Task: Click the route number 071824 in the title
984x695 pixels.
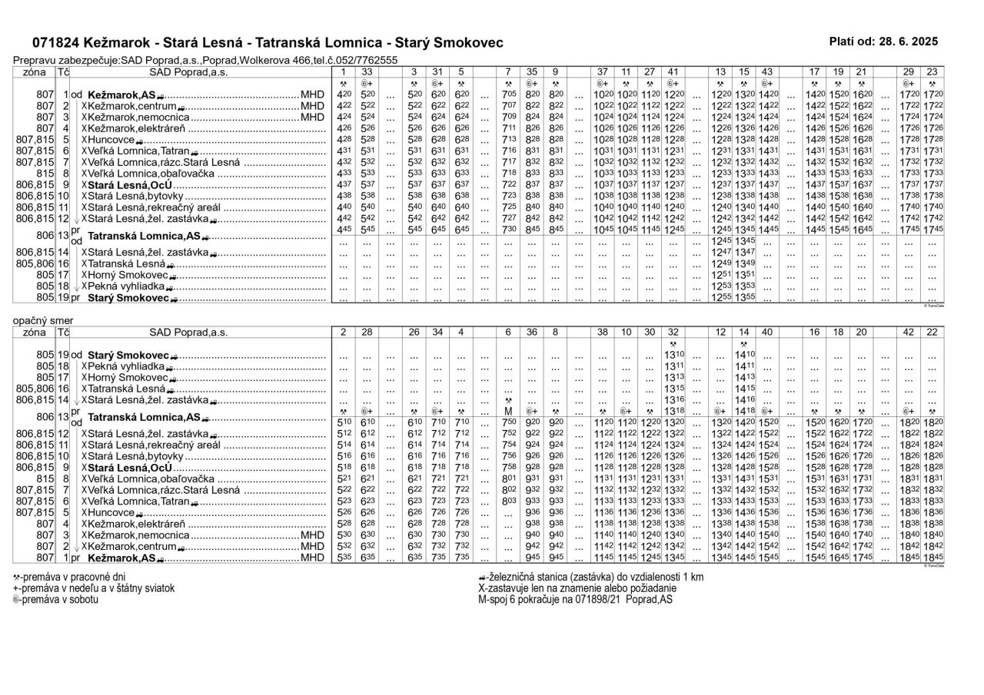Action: (x=58, y=43)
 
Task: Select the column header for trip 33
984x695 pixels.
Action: (x=367, y=71)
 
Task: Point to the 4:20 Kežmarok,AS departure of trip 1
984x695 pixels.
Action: (x=344, y=94)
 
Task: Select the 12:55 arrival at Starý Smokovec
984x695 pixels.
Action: (x=721, y=298)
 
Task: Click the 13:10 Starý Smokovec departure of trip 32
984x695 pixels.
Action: (x=673, y=355)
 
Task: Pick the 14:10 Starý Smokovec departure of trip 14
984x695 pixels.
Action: (x=744, y=355)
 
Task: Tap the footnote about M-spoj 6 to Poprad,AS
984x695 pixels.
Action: (x=575, y=600)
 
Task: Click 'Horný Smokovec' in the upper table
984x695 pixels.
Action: (x=129, y=275)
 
